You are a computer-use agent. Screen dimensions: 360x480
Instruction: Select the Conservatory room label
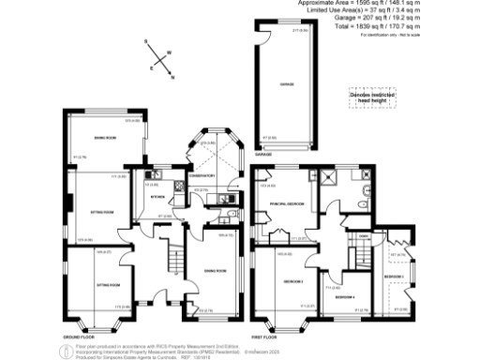tap(202, 175)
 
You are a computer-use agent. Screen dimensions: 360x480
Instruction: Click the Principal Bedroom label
tap(284, 203)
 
